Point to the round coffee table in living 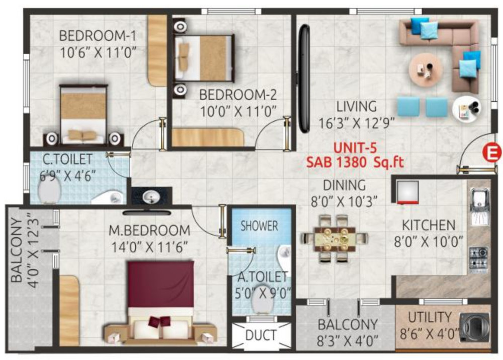tap(425, 69)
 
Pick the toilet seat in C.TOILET tap(50, 191)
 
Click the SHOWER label tap(259, 226)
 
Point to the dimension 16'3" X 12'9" tap(357, 122)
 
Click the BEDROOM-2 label tap(237, 95)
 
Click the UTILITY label tap(430, 318)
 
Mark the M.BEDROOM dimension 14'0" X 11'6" tap(150, 247)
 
